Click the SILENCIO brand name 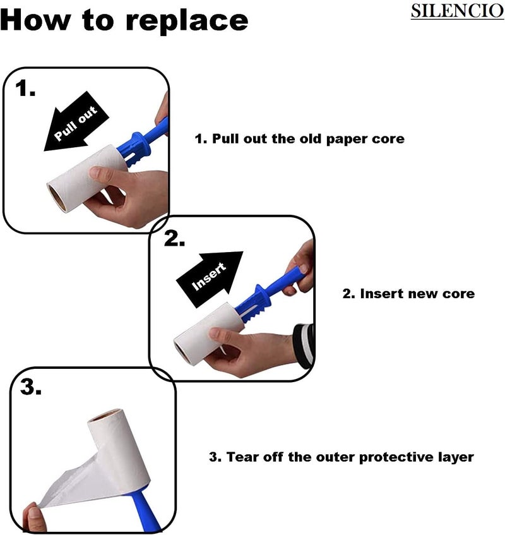(457, 11)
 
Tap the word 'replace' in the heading (186, 21)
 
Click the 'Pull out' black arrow (76, 121)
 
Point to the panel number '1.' (25, 88)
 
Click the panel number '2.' (174, 238)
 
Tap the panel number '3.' (31, 387)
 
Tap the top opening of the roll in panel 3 (105, 415)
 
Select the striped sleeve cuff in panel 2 (304, 346)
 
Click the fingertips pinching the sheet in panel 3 (34, 519)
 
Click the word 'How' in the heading (34, 20)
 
